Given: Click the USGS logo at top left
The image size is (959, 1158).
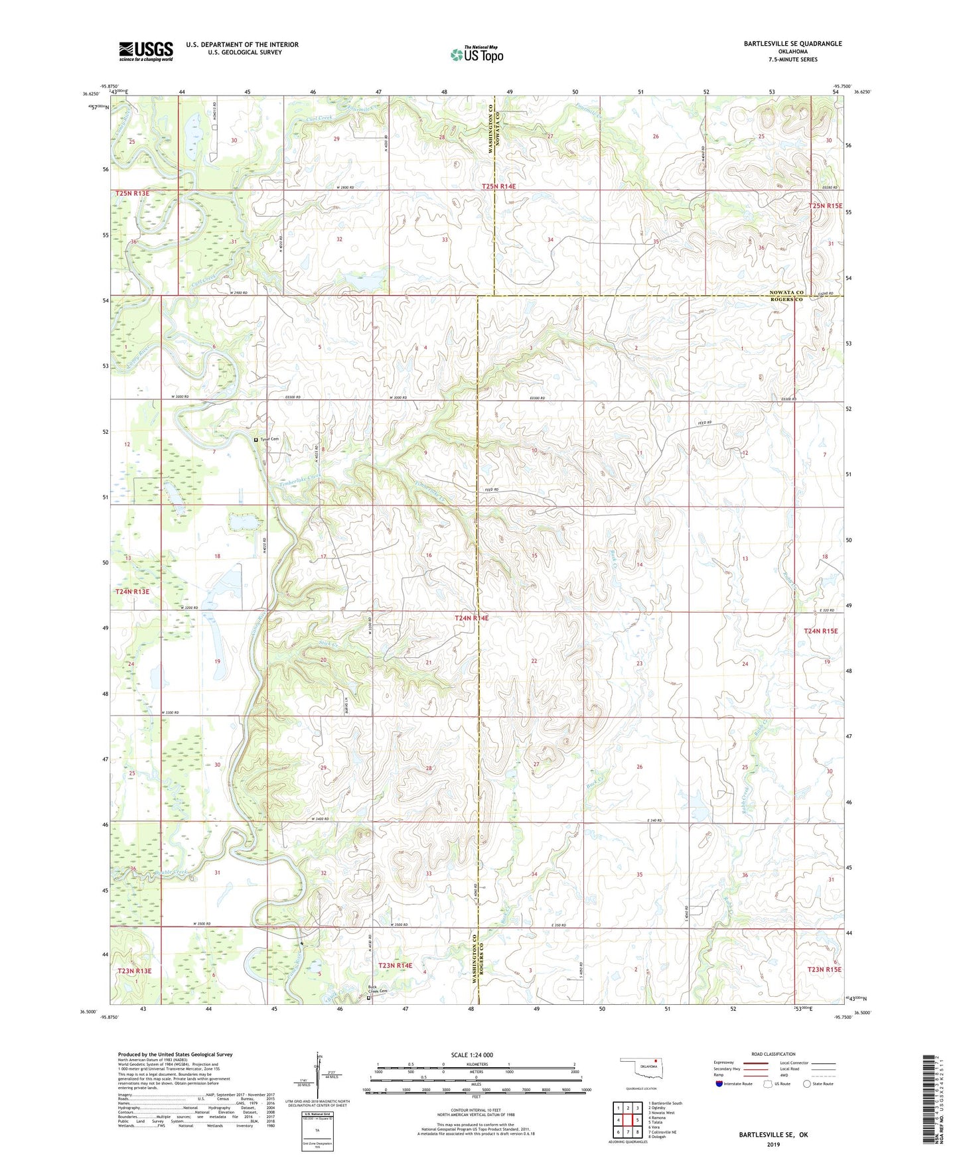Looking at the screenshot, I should click(x=146, y=51).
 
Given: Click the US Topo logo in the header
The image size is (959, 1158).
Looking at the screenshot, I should click(x=477, y=54).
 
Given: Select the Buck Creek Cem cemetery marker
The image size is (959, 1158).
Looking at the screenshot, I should click(x=369, y=997).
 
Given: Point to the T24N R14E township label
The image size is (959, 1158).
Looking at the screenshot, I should click(x=471, y=618).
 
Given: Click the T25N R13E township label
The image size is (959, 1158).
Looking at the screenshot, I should click(x=132, y=193).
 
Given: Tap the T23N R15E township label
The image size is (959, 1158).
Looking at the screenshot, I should click(x=824, y=969).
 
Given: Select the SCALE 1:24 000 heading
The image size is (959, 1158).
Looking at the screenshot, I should click(x=472, y=1055).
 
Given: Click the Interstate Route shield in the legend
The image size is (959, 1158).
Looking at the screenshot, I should click(x=719, y=1084).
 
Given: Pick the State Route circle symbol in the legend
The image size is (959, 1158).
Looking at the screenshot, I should click(x=806, y=1084).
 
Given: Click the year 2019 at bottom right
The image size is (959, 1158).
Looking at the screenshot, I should click(x=773, y=1144).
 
